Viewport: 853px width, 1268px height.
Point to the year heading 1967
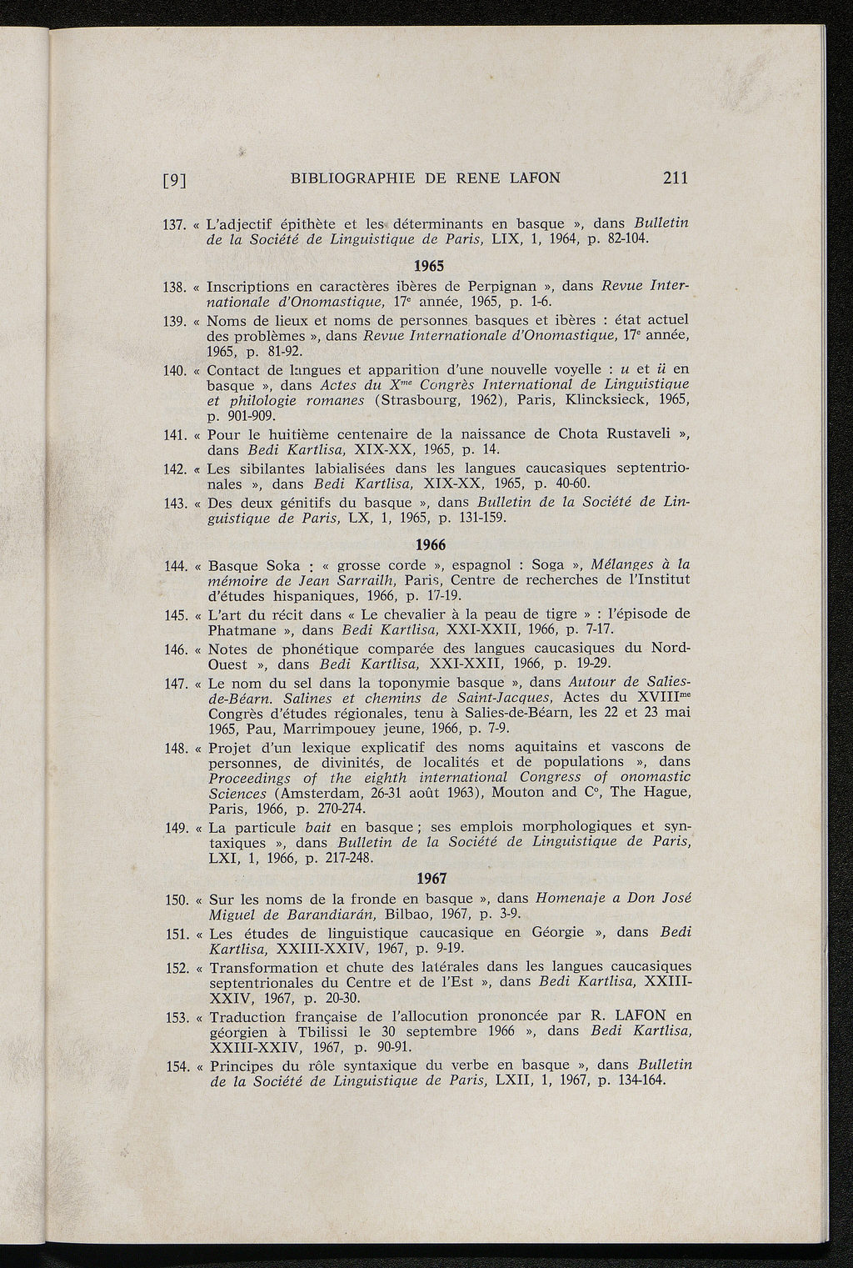431,879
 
